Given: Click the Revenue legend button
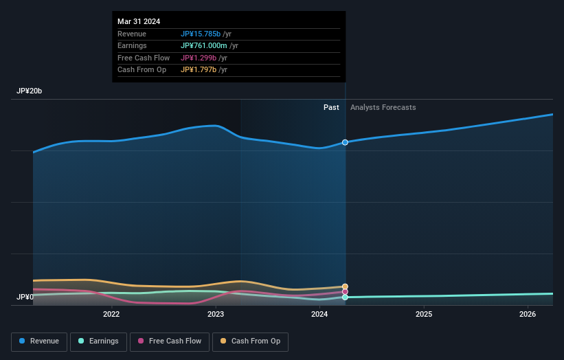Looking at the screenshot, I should pyautogui.click(x=40, y=341).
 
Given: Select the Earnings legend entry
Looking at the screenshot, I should pyautogui.click(x=98, y=341).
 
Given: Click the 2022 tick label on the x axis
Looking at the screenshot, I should pyautogui.click(x=111, y=315).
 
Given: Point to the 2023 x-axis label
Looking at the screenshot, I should pyautogui.click(x=216, y=315).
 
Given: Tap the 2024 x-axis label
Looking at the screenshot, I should pyautogui.click(x=319, y=315).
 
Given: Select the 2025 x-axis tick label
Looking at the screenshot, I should pyautogui.click(x=424, y=315).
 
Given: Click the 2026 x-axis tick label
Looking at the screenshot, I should pyautogui.click(x=528, y=315).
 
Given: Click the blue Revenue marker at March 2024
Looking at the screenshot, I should pyautogui.click(x=345, y=142).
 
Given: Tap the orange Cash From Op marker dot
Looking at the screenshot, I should pyautogui.click(x=345, y=286).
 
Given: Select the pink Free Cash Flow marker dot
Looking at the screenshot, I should pyautogui.click(x=345, y=292).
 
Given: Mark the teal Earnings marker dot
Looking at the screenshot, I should pyautogui.click(x=345, y=297).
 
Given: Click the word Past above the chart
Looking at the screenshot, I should pyautogui.click(x=331, y=107).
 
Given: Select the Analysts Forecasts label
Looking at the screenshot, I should pyautogui.click(x=383, y=107).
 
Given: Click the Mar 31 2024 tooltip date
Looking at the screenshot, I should pyautogui.click(x=139, y=21).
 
